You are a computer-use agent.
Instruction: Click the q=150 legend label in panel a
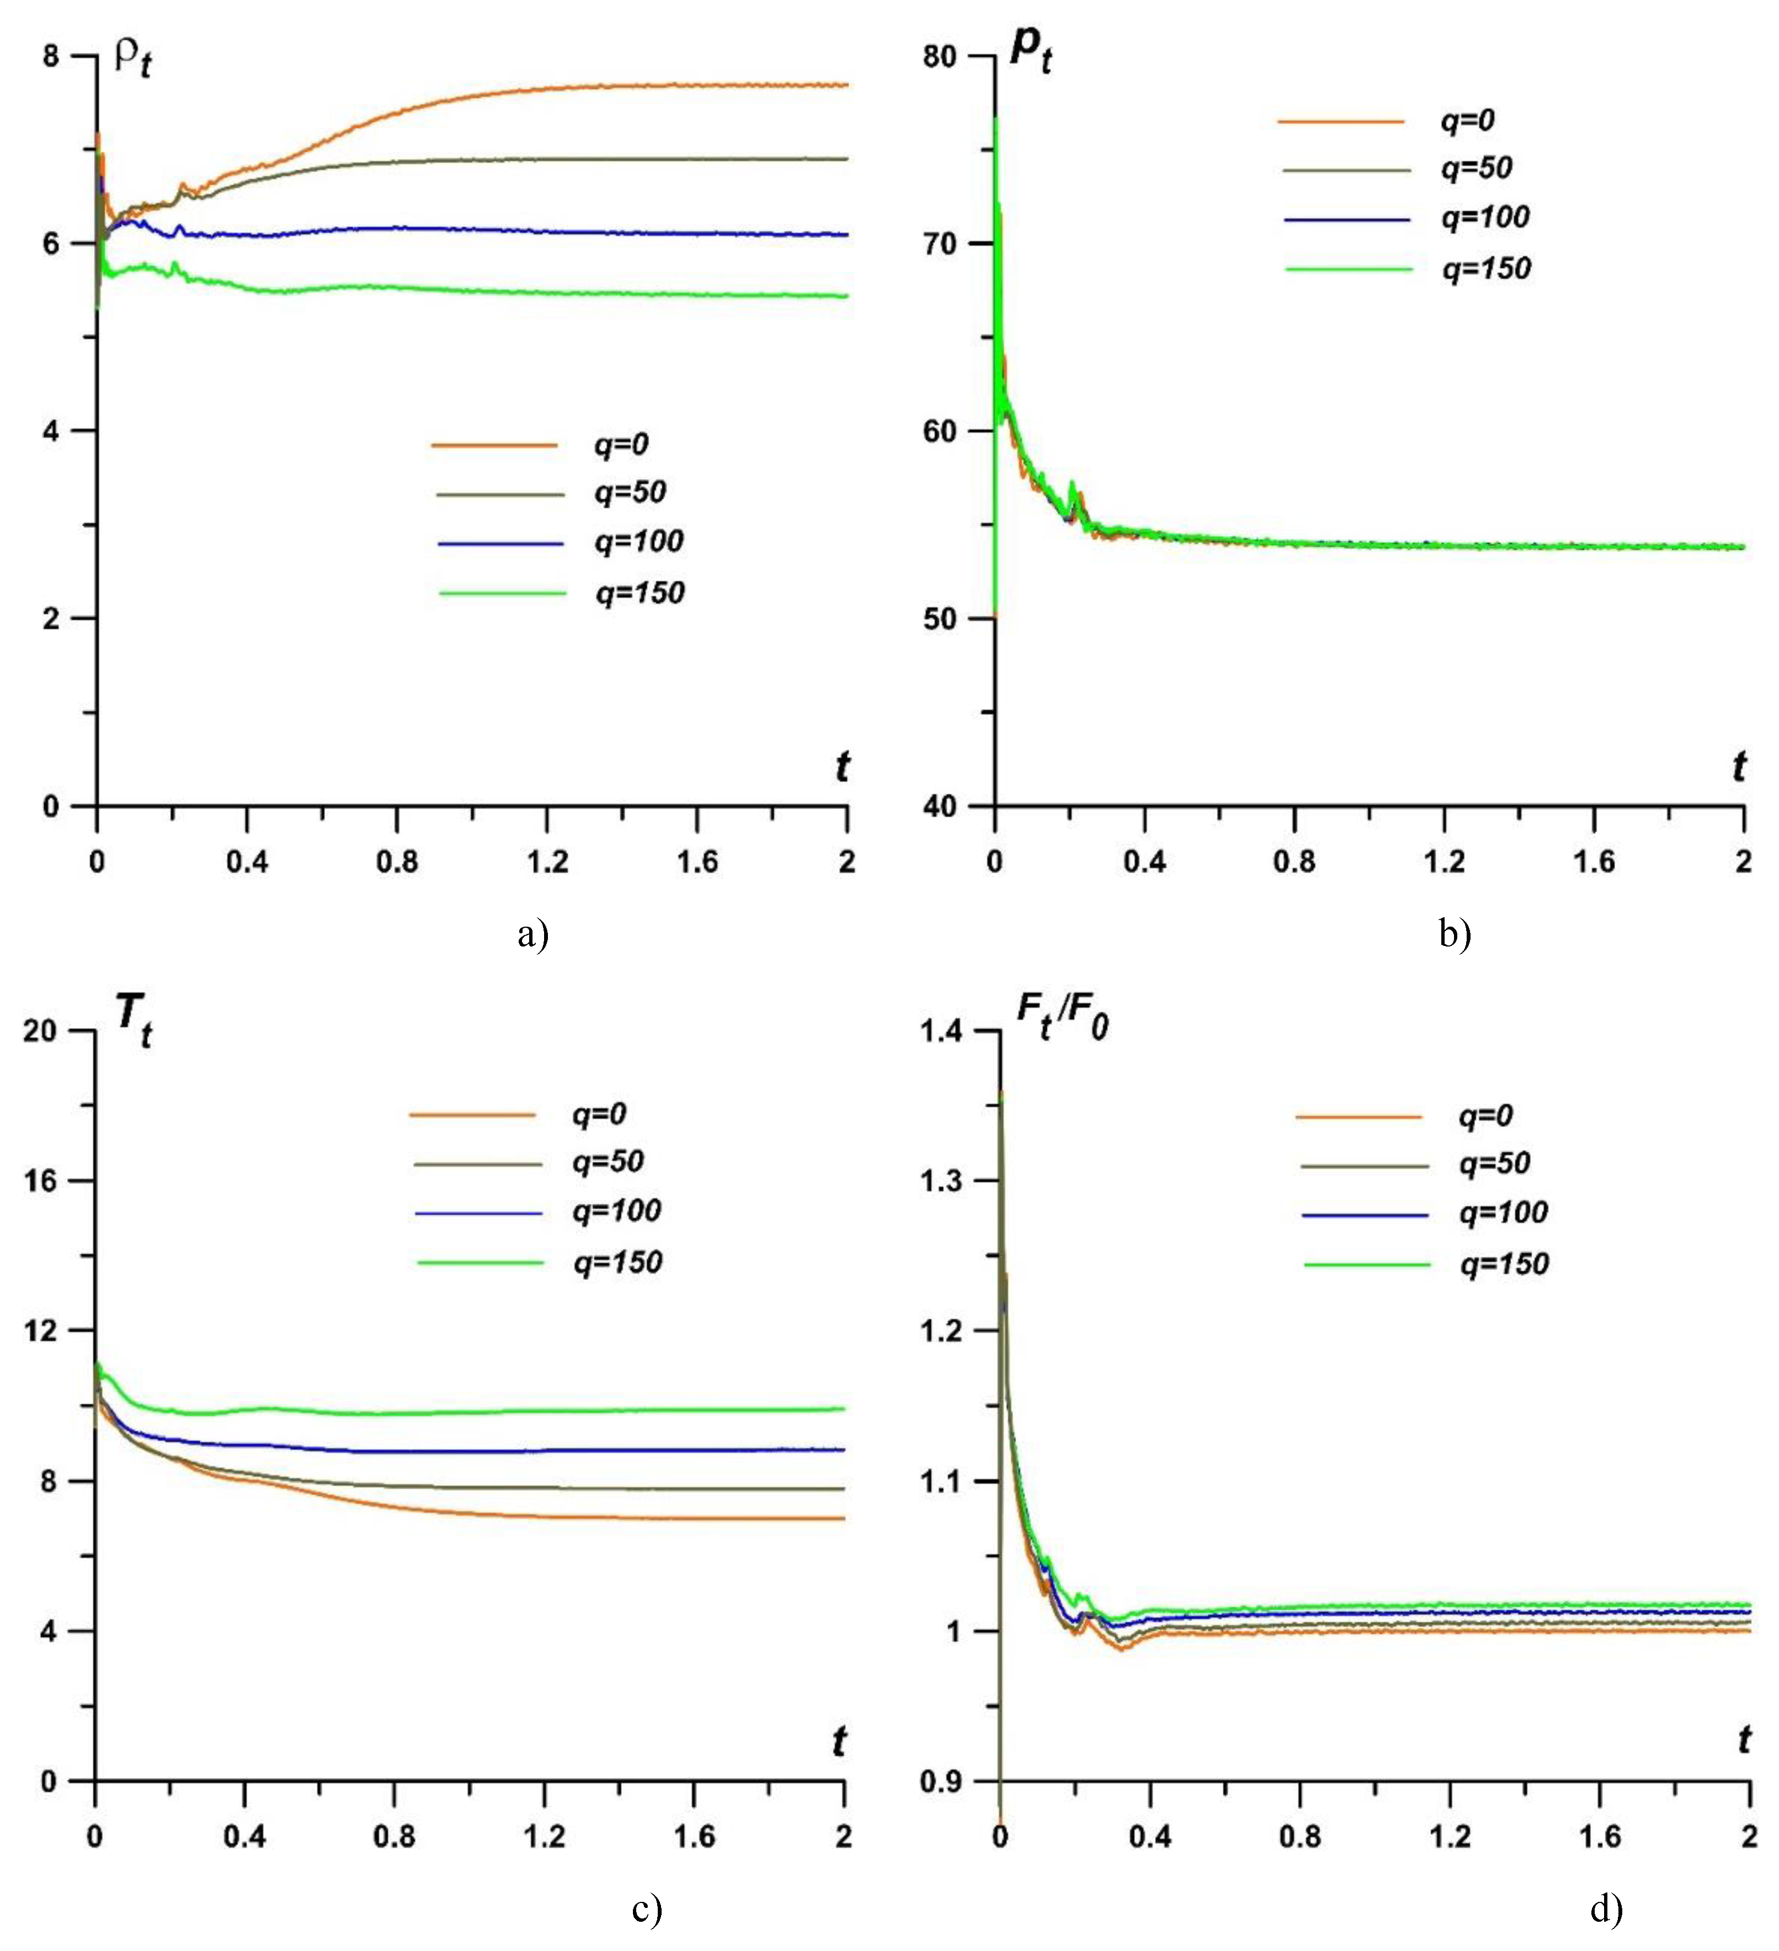coord(640,592)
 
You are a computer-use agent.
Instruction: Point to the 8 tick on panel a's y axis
coord(50,56)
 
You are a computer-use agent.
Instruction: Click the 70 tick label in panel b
coord(939,243)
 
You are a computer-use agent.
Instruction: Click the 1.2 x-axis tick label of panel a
coord(547,862)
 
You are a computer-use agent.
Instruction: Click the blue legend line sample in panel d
coord(1365,1215)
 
